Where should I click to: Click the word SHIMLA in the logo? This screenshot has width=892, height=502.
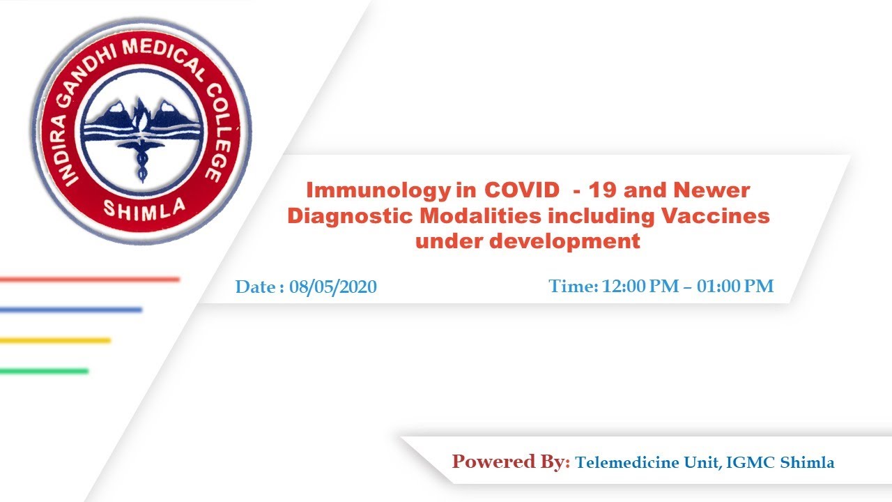click(x=144, y=210)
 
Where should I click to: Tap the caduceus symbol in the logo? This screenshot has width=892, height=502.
click(x=141, y=160)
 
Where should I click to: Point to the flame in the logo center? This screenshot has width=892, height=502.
click(x=140, y=115)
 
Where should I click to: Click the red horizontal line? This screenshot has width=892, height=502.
click(x=90, y=280)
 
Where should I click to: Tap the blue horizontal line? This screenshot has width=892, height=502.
click(x=71, y=310)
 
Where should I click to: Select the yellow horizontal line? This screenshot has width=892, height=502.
click(x=55, y=340)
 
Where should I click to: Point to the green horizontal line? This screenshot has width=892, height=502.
click(x=44, y=372)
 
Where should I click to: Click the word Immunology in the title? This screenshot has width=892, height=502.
click(x=378, y=191)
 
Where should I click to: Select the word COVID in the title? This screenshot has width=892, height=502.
click(x=522, y=190)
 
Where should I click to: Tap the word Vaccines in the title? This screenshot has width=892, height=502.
click(x=716, y=216)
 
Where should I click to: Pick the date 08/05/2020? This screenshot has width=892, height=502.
click(x=333, y=287)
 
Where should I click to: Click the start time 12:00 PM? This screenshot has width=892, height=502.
click(x=640, y=286)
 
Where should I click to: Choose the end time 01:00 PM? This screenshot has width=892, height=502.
click(x=735, y=286)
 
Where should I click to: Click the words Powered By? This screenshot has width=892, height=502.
click(x=511, y=462)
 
